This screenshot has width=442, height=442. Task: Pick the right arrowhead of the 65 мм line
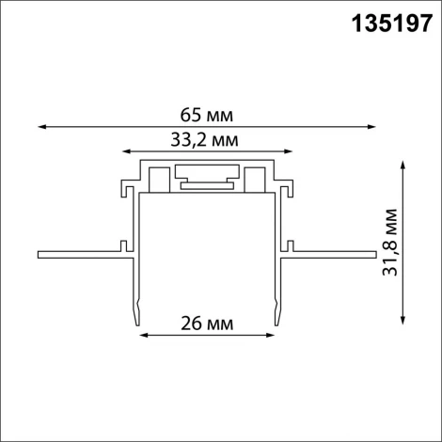(x=373, y=126)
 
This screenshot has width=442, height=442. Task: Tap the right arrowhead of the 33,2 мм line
(x=289, y=150)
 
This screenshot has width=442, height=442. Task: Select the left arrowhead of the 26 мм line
(x=144, y=334)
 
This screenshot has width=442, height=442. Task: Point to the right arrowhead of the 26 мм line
(x=273, y=334)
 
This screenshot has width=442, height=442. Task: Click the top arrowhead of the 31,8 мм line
(x=403, y=164)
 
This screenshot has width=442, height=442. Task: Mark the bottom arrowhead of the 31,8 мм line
(x=403, y=321)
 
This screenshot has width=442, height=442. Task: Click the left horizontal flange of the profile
(x=80, y=253)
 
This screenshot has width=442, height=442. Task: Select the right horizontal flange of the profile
(x=334, y=253)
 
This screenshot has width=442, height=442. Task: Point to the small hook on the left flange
(x=122, y=246)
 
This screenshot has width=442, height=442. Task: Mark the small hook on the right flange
(x=293, y=246)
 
